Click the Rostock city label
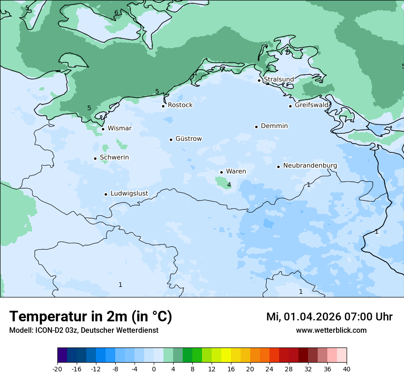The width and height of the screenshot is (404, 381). tap(180, 105)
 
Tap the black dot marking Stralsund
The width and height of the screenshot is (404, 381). tap(259, 80)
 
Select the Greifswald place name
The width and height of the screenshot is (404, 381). tap(312, 105)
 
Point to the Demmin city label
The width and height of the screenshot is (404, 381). tap(274, 126)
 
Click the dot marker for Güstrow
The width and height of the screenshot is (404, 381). tap(171, 140)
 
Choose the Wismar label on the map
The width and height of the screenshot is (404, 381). tap(119, 129)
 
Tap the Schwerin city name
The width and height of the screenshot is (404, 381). tap(114, 157)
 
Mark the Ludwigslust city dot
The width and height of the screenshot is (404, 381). tap(106, 194)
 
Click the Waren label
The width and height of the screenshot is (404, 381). tap(236, 171)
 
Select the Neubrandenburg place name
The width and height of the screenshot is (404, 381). tap(310, 165)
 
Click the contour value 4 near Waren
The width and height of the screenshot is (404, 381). tap(229, 185)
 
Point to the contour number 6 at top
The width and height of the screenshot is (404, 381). tap(116, 12)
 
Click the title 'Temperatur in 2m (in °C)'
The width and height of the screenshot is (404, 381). tap(90, 316)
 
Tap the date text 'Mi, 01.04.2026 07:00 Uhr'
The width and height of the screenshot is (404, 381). tap(329, 317)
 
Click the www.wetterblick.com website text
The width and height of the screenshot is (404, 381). tap(331, 331)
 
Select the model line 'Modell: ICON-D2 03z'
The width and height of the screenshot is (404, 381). tap(84, 331)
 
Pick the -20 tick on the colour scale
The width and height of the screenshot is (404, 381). tap(57, 369)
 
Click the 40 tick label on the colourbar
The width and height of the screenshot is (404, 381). tap(347, 369)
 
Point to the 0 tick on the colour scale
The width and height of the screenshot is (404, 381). tap(154, 369)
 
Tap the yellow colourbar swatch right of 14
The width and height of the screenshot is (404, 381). tap(226, 355)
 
